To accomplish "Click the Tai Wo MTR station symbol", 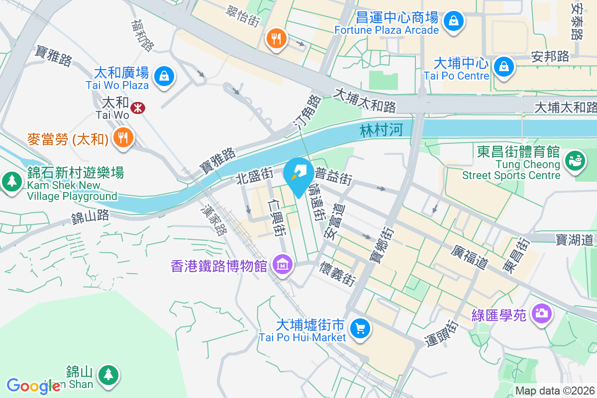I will pos(136,107).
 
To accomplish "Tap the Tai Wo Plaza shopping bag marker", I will pos(163,76).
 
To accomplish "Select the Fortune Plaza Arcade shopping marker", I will pos(454,21).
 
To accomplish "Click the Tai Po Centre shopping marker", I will pos(503,66).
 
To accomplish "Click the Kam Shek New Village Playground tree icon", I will pos(11,181).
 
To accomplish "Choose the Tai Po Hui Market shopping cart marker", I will pos(360,328).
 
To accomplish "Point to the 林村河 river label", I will pos(381,131).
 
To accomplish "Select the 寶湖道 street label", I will pos(575,239).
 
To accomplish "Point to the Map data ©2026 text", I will pos(555,391).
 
